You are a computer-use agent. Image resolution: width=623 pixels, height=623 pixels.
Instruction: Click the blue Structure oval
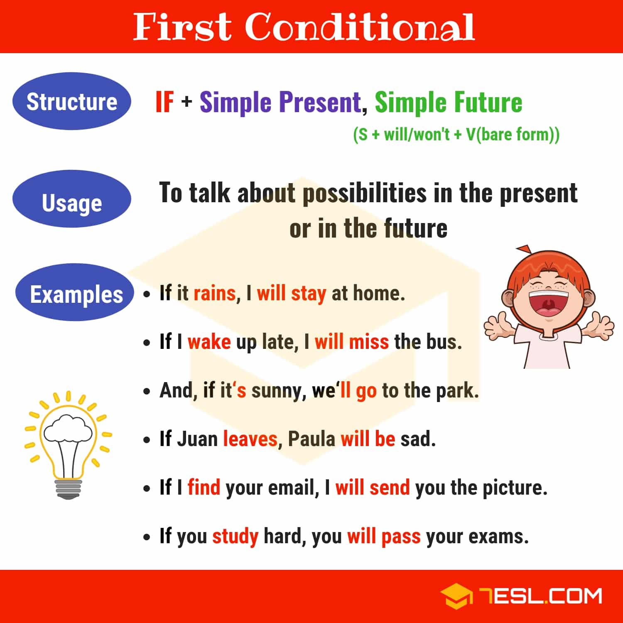pos(72,101)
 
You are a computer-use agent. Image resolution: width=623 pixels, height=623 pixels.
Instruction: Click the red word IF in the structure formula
pos(164,102)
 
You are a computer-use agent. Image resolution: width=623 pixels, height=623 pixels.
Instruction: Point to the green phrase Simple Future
pos(448,102)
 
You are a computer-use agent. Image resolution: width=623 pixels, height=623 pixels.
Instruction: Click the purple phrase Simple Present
pos(280,102)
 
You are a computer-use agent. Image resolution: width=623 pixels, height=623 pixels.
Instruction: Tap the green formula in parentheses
pos(456,135)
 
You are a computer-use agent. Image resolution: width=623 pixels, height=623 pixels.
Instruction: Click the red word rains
pos(215,293)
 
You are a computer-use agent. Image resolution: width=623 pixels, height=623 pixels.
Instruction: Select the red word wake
pos(209,342)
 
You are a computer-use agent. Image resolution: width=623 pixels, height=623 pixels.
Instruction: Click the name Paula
pos(311,439)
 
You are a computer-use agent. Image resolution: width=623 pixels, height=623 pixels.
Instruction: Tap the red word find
pos(204,487)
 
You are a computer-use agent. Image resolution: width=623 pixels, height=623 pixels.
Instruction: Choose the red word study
pos(235,536)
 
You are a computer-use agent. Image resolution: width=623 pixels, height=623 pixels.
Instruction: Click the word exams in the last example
pos(498,536)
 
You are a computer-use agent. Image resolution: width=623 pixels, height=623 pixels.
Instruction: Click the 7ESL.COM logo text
pos(540,596)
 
